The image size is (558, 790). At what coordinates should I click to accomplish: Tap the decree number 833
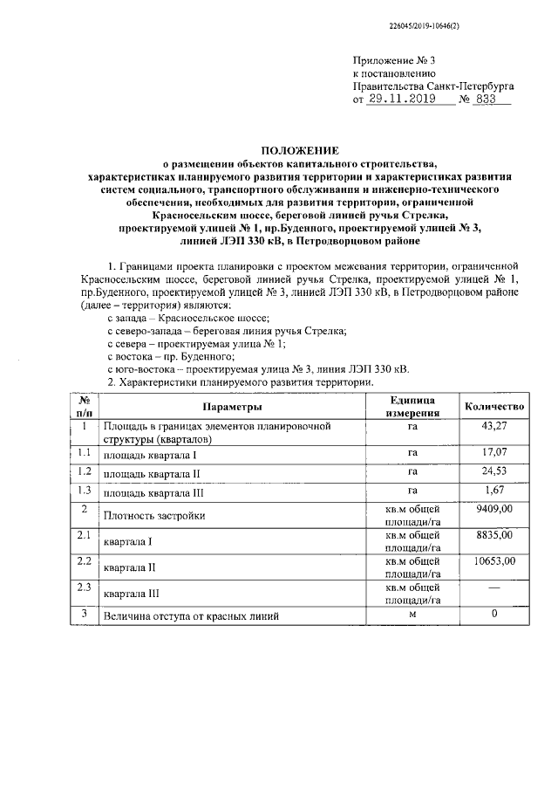(x=488, y=100)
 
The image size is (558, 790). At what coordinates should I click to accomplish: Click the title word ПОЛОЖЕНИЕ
(x=302, y=150)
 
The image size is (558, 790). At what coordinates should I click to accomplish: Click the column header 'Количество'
(x=494, y=407)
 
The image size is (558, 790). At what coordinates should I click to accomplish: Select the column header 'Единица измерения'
(x=412, y=407)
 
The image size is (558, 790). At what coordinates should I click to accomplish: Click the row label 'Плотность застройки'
(x=154, y=516)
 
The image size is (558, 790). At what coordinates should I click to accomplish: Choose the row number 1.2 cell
(x=85, y=472)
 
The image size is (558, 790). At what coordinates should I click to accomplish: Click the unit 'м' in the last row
(x=412, y=615)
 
